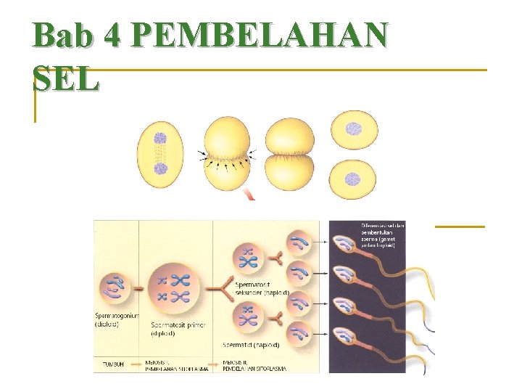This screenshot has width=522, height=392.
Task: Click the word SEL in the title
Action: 65,80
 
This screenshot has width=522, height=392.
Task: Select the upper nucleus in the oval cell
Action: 160,138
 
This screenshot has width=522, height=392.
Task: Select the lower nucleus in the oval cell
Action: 160,169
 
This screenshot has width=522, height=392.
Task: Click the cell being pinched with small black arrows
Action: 227,154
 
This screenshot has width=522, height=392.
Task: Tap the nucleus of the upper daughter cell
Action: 353,129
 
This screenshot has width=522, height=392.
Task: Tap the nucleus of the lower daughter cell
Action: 352,179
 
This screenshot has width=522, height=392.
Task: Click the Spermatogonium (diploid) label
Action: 116,320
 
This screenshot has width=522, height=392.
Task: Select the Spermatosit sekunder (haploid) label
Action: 262,288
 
